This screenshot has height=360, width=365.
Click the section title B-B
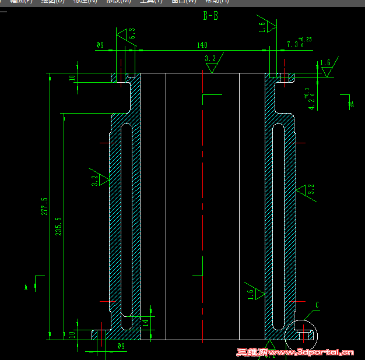(210, 16)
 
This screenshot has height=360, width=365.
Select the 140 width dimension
(202, 45)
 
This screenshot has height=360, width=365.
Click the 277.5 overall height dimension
(44, 206)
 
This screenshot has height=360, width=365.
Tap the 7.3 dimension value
(292, 44)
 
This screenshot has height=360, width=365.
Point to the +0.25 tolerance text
(305, 39)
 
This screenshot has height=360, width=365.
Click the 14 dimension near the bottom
(146, 321)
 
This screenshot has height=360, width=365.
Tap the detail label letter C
(317, 305)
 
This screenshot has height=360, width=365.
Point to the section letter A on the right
(352, 104)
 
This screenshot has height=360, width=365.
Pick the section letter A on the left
(26, 287)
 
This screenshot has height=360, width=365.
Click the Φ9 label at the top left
(100, 45)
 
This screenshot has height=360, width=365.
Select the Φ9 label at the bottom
(121, 346)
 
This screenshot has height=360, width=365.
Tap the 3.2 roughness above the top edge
(210, 58)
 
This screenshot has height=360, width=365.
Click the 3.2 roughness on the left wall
(95, 181)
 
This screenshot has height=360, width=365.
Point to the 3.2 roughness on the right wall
(311, 189)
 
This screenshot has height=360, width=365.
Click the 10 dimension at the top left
(72, 77)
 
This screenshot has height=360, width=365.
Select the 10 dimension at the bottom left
(72, 334)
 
